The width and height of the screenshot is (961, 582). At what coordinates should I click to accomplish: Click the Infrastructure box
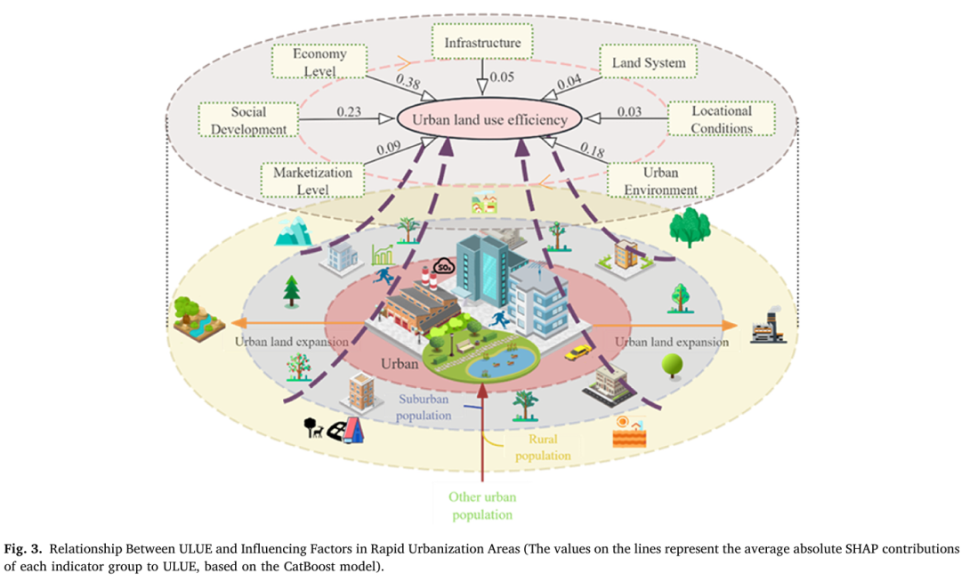point(481,42)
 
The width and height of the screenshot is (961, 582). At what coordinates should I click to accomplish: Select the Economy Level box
point(319,61)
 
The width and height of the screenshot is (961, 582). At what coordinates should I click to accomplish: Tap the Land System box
point(649,61)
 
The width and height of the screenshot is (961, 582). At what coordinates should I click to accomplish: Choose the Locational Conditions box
point(722,119)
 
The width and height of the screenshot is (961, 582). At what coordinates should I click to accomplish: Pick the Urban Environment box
point(660,180)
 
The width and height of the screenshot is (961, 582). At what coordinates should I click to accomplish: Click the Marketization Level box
point(312,180)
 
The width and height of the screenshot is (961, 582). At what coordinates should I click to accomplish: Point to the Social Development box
point(248,119)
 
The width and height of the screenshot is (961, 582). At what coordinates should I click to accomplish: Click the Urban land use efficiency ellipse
point(489,119)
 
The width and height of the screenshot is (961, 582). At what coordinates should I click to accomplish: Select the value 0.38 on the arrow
point(408,81)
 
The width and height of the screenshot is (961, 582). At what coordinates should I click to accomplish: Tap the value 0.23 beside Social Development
point(349,111)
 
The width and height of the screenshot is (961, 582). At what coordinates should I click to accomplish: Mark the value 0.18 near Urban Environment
point(592,150)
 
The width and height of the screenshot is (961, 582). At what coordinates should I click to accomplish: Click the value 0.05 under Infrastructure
point(501,77)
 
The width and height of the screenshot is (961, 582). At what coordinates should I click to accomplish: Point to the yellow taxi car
point(577,352)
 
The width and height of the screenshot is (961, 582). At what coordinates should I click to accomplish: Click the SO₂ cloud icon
point(443,266)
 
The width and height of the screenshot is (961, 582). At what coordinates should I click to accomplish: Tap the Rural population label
point(543,447)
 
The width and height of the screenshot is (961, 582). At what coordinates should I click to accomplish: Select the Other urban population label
point(482,505)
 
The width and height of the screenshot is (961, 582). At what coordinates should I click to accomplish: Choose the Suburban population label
point(424,407)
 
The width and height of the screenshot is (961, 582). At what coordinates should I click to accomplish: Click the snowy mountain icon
point(293,231)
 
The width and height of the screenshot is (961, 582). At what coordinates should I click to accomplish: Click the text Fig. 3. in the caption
point(23,548)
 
